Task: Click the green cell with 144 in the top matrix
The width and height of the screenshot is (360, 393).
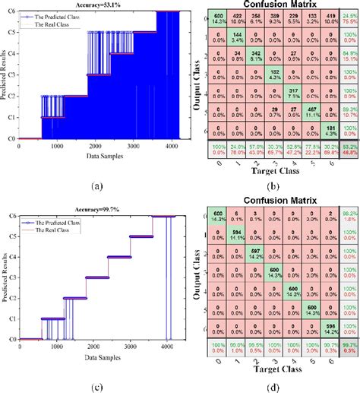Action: click(x=237, y=39)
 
